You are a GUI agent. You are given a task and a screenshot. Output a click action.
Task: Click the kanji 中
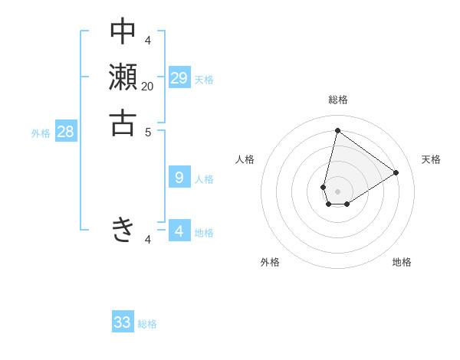click(x=123, y=32)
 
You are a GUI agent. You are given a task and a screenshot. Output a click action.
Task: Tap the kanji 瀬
click(x=123, y=77)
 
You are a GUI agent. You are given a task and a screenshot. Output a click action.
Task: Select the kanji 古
click(x=123, y=123)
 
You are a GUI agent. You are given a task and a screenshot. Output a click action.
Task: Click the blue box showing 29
click(x=179, y=77)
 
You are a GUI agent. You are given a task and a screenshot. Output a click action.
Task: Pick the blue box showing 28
click(x=66, y=132)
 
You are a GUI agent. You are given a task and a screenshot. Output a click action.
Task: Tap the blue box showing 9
click(x=179, y=178)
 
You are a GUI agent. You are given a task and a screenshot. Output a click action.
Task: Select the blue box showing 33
click(x=123, y=322)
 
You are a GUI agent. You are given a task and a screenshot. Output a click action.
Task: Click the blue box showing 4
click(x=179, y=231)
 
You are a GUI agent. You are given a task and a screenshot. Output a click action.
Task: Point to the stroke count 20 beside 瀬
click(x=147, y=87)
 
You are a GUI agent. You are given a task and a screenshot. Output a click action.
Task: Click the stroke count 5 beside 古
click(x=148, y=131)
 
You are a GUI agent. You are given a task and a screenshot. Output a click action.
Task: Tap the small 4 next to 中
click(x=148, y=41)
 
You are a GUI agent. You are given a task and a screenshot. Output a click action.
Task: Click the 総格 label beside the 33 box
click(x=147, y=324)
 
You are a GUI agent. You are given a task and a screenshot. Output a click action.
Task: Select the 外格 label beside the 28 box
click(x=41, y=133)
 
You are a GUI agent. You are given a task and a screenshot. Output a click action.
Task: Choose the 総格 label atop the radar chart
click(x=337, y=100)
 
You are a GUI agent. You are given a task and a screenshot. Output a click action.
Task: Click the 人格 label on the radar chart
click(x=245, y=159)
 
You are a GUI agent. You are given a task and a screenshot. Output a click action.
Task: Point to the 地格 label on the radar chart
click(x=402, y=262)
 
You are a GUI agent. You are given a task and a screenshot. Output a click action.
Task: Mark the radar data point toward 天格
click(x=396, y=172)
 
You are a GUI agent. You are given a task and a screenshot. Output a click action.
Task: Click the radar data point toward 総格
click(x=337, y=130)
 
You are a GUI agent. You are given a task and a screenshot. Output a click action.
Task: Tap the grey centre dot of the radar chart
click(x=337, y=191)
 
